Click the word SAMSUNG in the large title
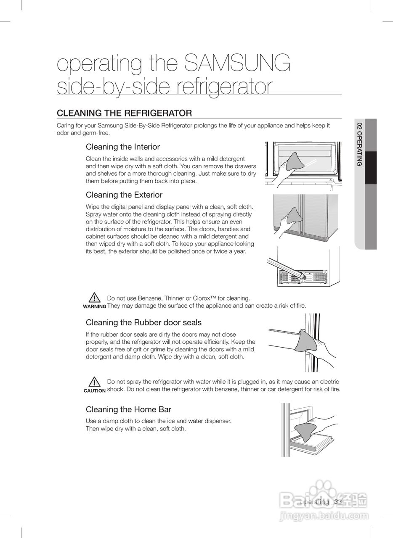click(x=238, y=63)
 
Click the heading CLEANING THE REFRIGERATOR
click(x=124, y=113)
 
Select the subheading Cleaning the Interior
click(x=123, y=147)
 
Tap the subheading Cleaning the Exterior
click(x=124, y=195)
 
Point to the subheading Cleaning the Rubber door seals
click(x=143, y=322)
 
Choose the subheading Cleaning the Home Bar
click(x=128, y=409)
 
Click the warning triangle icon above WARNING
click(x=95, y=297)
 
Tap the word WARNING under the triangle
click(x=95, y=306)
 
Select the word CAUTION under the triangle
click(x=95, y=390)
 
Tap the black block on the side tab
click(x=371, y=168)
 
